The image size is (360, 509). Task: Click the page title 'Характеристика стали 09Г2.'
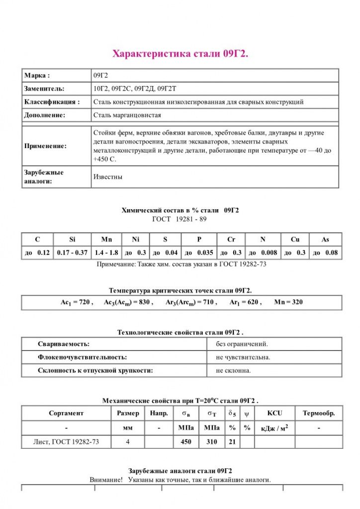coord(180,54)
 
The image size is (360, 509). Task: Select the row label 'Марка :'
coord(37,76)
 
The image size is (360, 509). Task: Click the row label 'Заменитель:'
coord(44,88)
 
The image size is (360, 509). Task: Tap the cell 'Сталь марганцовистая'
coord(127,115)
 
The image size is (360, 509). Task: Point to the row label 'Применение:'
coord(45,146)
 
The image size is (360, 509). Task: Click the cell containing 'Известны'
coord(107,176)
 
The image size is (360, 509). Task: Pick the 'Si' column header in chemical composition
coord(72,239)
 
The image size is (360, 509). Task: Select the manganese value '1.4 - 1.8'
coord(106,253)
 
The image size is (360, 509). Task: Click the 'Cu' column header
coord(295,239)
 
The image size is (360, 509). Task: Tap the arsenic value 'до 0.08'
coord(325,253)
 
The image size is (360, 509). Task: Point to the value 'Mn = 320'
coord(288,302)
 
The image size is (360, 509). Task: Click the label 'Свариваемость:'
coord(64,343)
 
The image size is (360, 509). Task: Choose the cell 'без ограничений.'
coord(242,343)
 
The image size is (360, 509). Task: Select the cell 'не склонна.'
coord(234,370)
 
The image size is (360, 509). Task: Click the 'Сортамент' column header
coord(66,413)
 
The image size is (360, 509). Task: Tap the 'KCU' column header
coord(274,413)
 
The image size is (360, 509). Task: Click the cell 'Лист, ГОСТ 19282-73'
coord(66,441)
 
